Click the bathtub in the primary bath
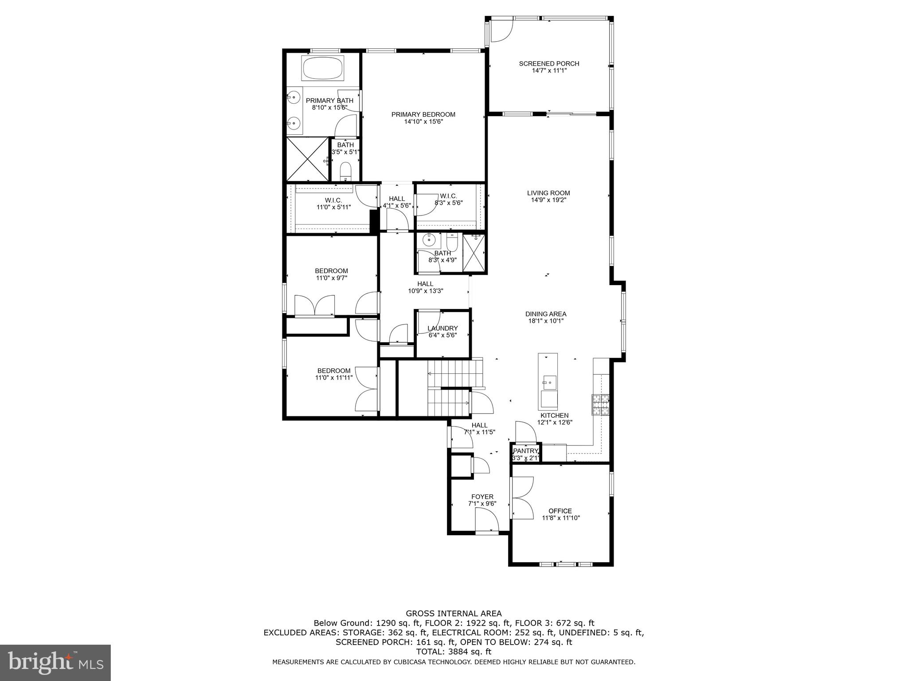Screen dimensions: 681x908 [x=323, y=68]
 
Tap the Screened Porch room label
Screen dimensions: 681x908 [x=549, y=63]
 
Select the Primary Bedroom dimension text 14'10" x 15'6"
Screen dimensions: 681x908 [x=423, y=121]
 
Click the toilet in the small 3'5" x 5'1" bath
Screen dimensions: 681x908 [x=345, y=171]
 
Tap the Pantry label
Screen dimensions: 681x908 [x=525, y=451]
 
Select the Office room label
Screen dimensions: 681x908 [x=560, y=511]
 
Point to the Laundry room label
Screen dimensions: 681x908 [x=442, y=329]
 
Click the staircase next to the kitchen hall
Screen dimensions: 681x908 [x=452, y=388]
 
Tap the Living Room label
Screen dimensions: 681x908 [x=548, y=193]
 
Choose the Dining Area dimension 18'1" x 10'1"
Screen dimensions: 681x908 [x=546, y=321]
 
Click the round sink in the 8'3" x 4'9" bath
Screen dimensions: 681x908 [x=429, y=240]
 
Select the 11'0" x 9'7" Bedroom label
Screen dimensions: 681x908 [x=331, y=271]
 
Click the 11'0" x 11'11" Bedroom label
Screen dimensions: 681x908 [x=333, y=371]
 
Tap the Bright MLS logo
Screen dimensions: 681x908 [x=55, y=662]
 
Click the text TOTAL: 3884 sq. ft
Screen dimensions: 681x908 [x=454, y=652]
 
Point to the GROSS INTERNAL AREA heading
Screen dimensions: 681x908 [x=454, y=614]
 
